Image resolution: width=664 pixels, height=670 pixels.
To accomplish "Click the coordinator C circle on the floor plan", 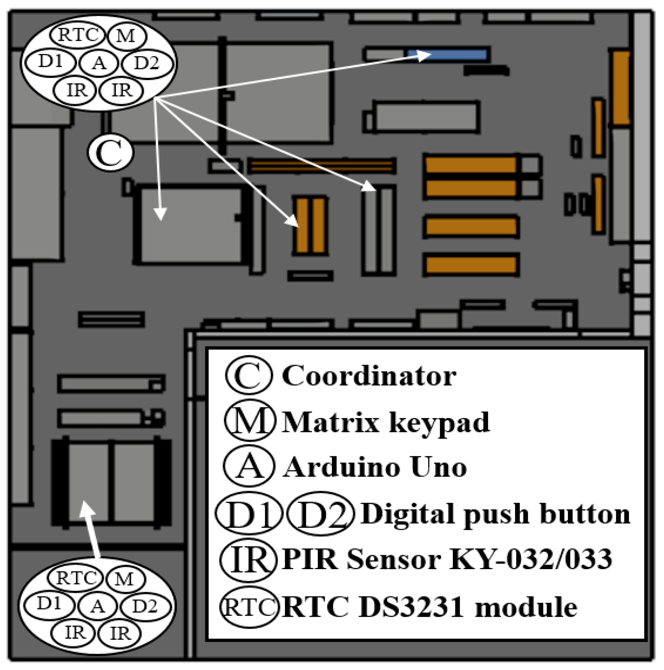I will pos(111,152).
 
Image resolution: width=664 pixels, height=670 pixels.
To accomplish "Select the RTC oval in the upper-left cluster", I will pos(78,35).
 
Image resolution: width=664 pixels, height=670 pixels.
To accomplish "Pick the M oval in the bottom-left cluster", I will pos(125,579).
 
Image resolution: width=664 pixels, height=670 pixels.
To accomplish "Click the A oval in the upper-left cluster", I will pos(99,63).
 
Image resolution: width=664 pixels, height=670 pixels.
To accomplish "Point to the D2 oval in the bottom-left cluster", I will pos(145,606).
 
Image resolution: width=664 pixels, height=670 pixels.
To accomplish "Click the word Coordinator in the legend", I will pos(368,376).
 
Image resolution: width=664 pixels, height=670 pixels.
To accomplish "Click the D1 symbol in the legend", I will pos(249,513).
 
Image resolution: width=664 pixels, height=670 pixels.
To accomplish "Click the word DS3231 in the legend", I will pos(411,607).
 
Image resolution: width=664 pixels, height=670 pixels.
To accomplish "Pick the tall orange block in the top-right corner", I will pos(621,88).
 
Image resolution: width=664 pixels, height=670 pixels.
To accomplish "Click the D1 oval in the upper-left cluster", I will pos(50,62).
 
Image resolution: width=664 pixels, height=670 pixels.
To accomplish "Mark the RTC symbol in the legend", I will pos(249,607).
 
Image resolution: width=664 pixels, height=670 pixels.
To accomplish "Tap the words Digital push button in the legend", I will pos(495,514).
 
